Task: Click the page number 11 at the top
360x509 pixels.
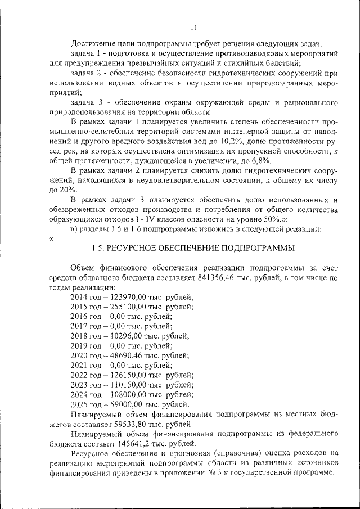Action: (193, 26)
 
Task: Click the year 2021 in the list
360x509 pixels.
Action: (80, 365)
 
